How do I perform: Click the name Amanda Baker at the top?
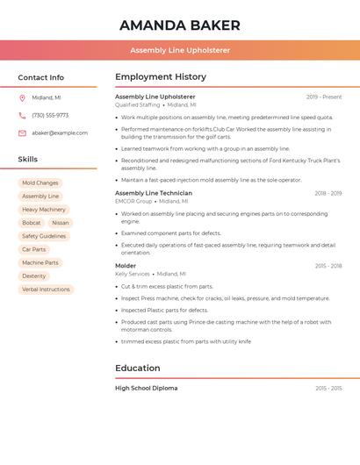[179, 25]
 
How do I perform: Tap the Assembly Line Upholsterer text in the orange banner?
[179, 50]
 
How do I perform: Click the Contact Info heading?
[40, 77]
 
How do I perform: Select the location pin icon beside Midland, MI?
[22, 98]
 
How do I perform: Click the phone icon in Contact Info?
[22, 116]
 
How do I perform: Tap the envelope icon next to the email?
[22, 133]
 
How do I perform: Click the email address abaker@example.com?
[60, 133]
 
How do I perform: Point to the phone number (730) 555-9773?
[50, 116]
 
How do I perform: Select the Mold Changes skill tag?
[40, 183]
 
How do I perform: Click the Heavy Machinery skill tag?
[44, 210]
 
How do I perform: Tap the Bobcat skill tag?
[32, 223]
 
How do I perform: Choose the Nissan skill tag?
[60, 223]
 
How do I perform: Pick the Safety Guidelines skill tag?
[44, 236]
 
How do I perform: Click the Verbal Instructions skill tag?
[46, 289]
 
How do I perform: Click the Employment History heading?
[161, 77]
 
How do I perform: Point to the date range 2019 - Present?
[324, 97]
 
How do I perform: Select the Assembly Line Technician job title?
[154, 193]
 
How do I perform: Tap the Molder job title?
[126, 266]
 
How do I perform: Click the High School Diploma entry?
[146, 388]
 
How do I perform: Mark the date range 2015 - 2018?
[328, 266]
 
